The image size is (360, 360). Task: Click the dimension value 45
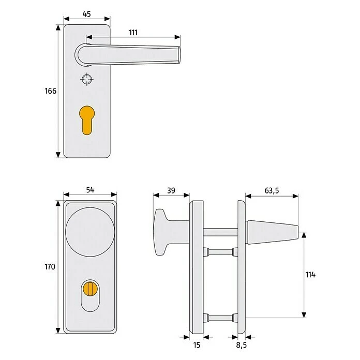[86, 14]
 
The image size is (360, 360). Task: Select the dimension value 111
[133, 32]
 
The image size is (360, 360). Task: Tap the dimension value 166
[50, 91]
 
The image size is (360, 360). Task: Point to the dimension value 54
[89, 190]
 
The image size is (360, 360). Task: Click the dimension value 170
[50, 267]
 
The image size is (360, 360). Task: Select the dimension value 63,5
[272, 190]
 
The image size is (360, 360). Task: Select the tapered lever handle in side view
[272, 231]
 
